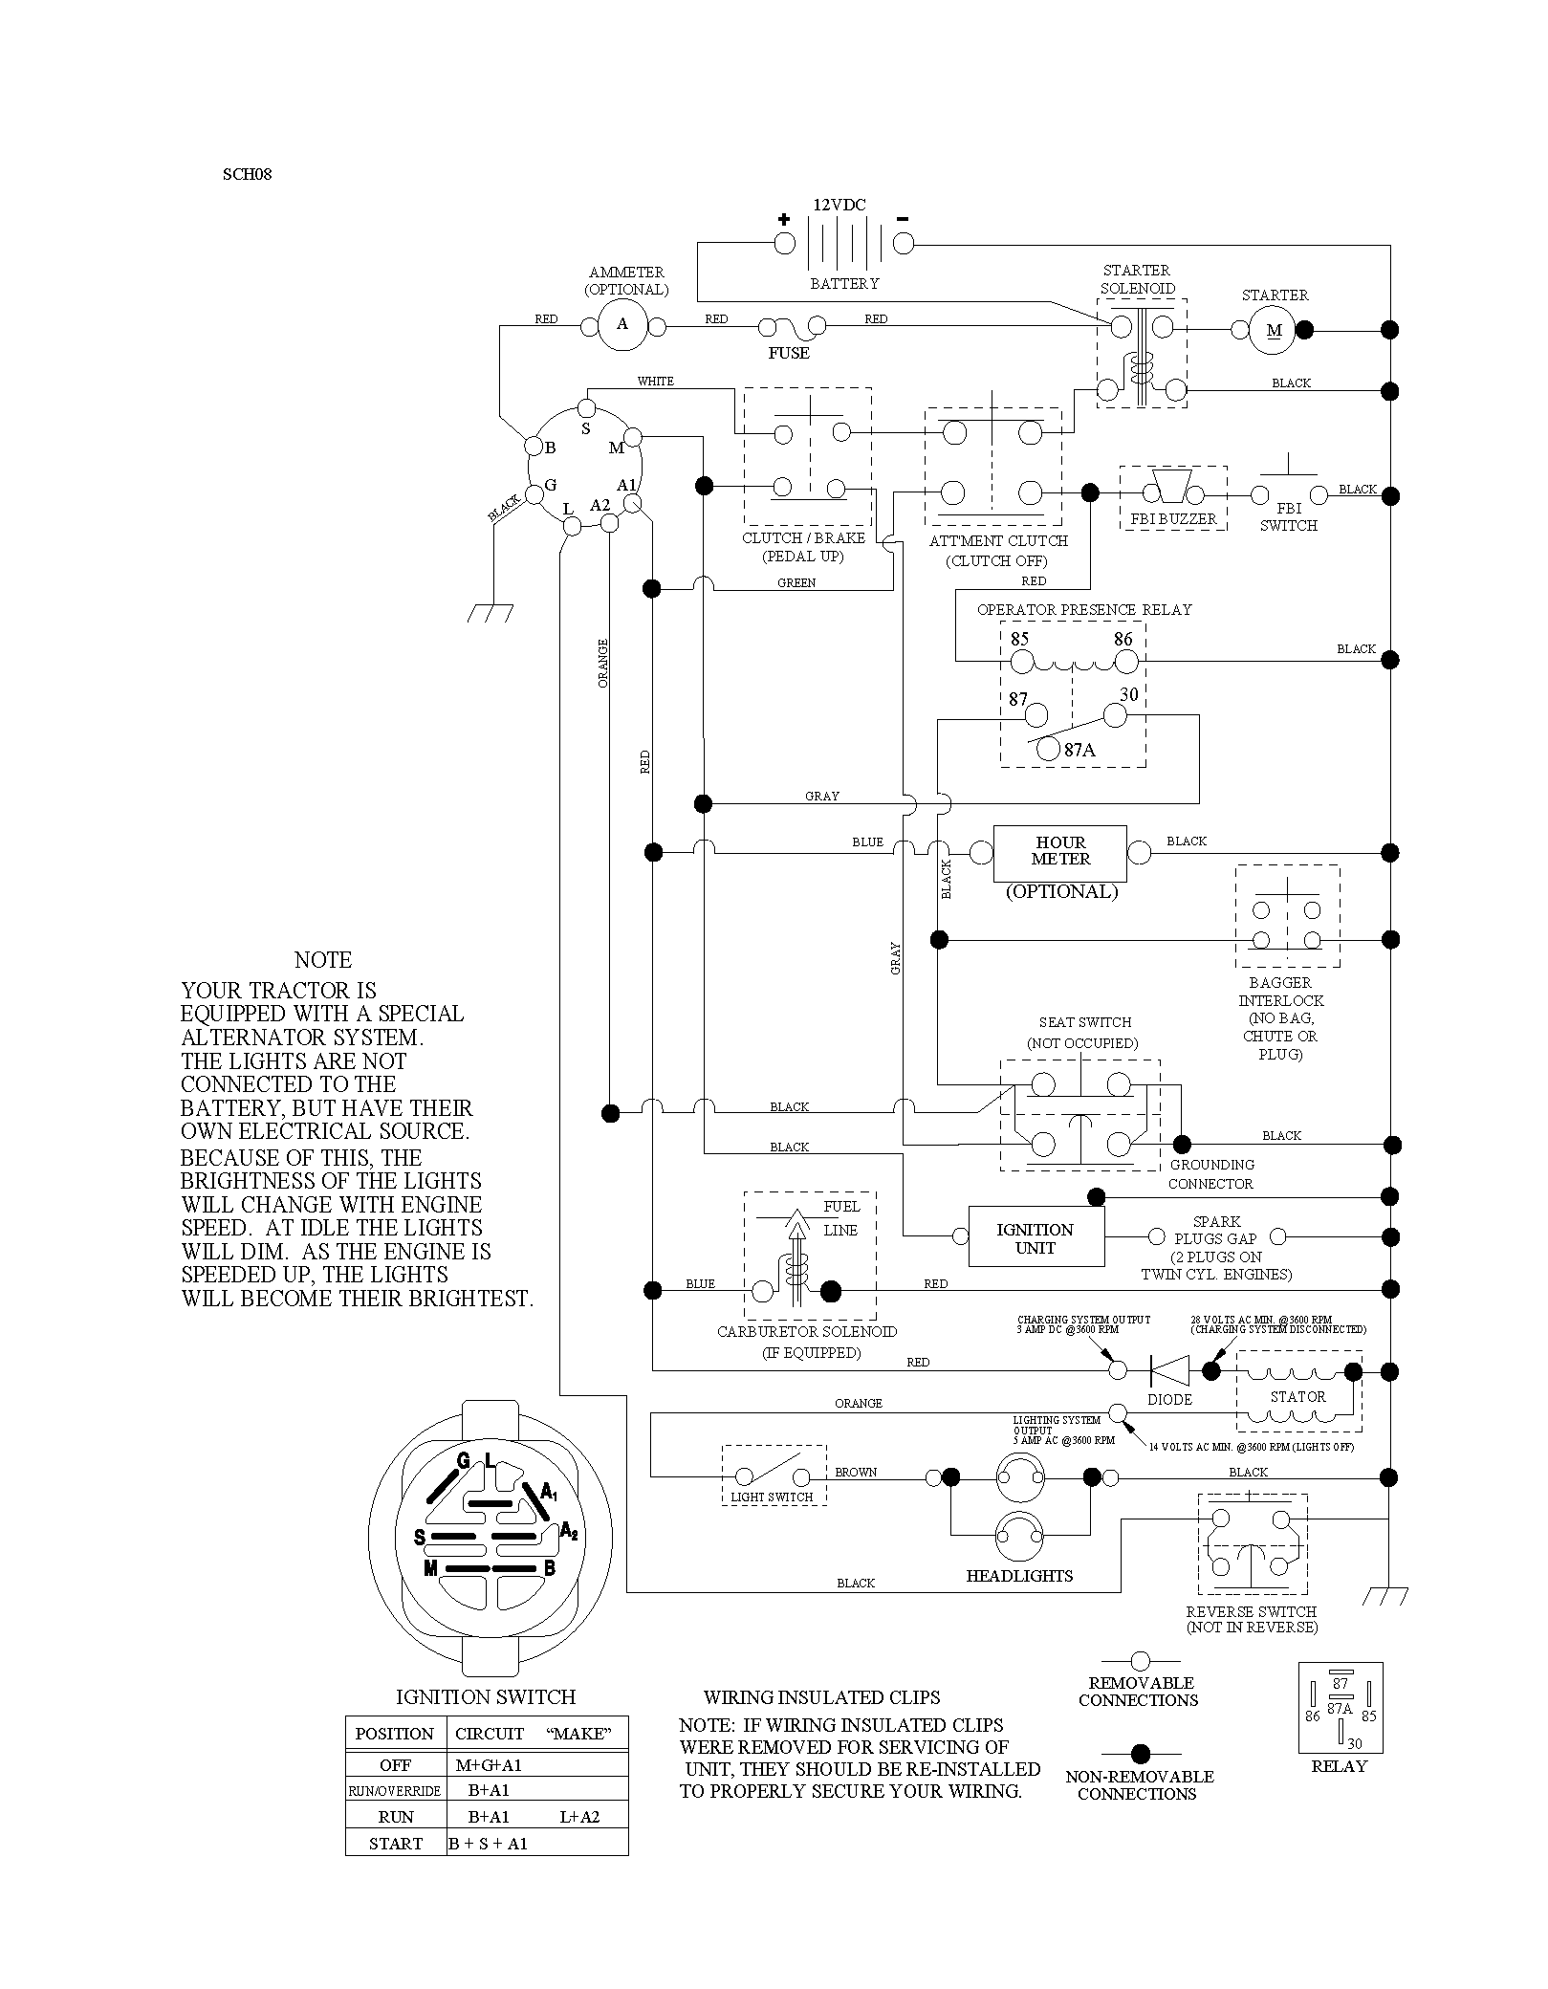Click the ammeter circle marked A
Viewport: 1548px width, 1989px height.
pyautogui.click(x=622, y=324)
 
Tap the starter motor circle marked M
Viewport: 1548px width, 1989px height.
pyautogui.click(x=1274, y=330)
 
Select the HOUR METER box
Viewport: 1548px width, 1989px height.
pyautogui.click(x=1060, y=853)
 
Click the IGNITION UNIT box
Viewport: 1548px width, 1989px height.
pyautogui.click(x=1036, y=1237)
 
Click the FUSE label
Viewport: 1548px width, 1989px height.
pyautogui.click(x=789, y=354)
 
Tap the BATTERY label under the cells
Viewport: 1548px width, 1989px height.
pyautogui.click(x=844, y=284)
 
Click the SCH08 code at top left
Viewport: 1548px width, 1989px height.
pyautogui.click(x=248, y=175)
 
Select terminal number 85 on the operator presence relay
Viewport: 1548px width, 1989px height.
pyautogui.click(x=1019, y=639)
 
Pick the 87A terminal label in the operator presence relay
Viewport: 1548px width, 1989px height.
pyautogui.click(x=1079, y=751)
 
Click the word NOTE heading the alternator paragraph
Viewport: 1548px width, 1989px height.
pyautogui.click(x=323, y=960)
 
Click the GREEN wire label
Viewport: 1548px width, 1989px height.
pyautogui.click(x=796, y=583)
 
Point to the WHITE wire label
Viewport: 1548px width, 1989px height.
pyautogui.click(x=656, y=382)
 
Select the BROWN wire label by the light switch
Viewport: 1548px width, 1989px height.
pyautogui.click(x=856, y=1473)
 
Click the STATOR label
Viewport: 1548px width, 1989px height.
pyautogui.click(x=1297, y=1397)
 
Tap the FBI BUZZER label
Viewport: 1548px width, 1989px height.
pyautogui.click(x=1173, y=519)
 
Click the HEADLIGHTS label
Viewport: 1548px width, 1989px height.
pyautogui.click(x=1019, y=1576)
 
